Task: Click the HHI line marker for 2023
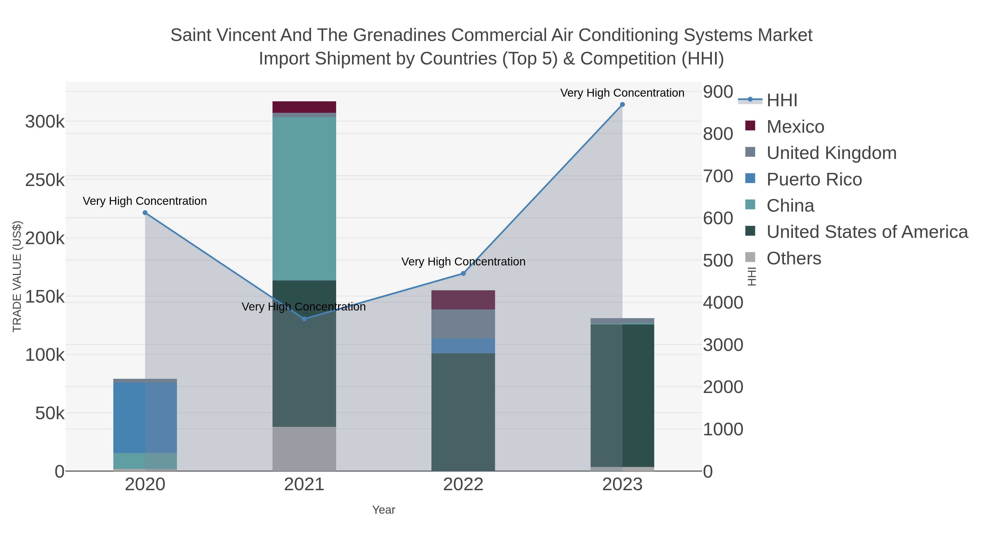[622, 105]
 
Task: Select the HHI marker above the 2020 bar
[145, 213]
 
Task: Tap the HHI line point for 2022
[463, 273]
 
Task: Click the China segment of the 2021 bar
[304, 199]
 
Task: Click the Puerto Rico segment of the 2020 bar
[145, 418]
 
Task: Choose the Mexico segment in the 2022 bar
[463, 300]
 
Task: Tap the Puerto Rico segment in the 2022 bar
[463, 346]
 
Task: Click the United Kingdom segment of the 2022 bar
[463, 324]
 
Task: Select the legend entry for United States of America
[867, 232]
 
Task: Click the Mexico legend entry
[795, 127]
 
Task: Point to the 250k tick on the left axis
[45, 180]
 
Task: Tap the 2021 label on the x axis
[304, 485]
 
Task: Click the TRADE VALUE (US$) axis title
[17, 276]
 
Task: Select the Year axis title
[384, 510]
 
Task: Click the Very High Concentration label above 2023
[622, 93]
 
